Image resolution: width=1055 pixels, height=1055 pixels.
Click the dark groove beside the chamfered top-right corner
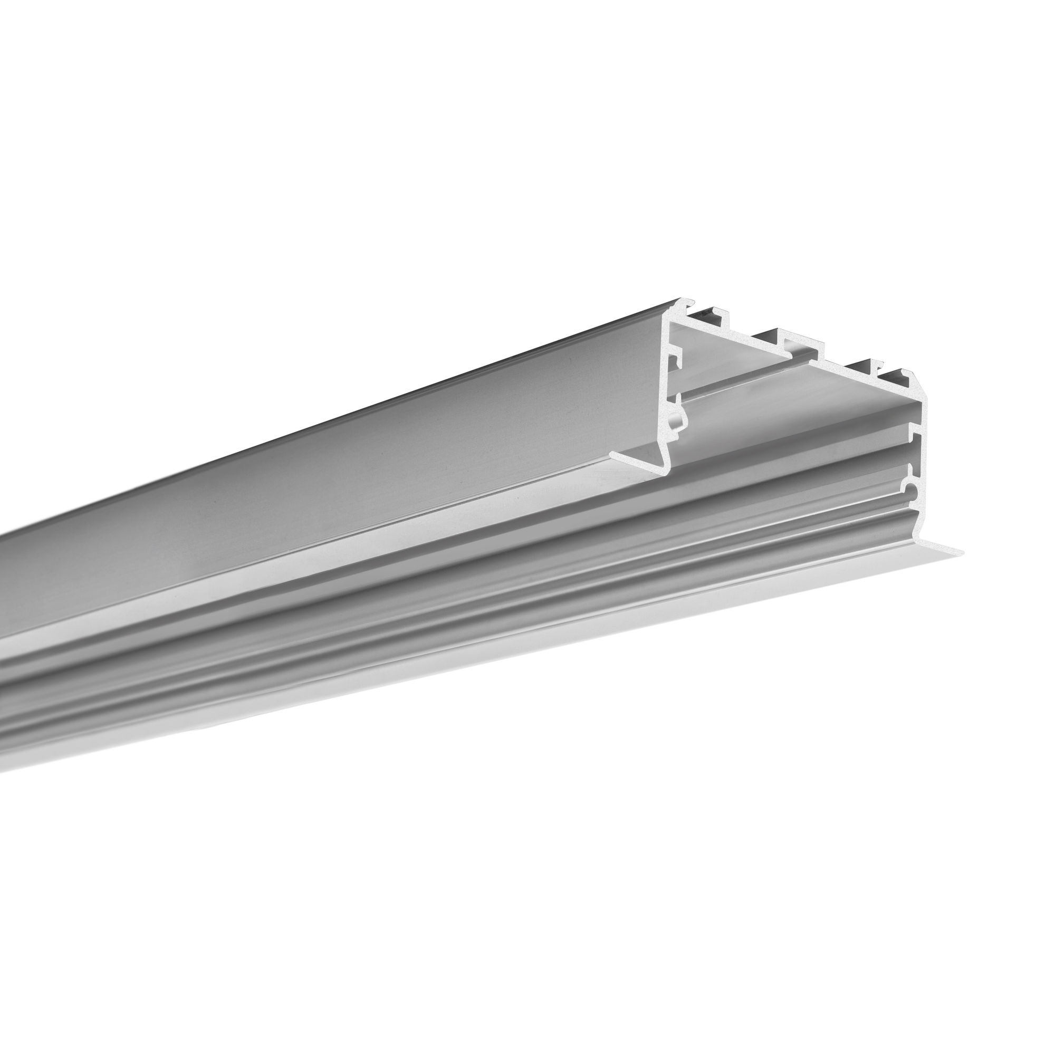pyautogui.click(x=896, y=377)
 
